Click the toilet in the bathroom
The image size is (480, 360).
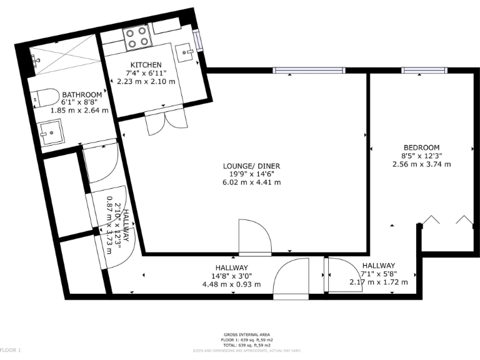[x=45, y=96]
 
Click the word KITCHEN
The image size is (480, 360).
[x=146, y=65]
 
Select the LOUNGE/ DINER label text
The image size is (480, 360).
[x=251, y=166]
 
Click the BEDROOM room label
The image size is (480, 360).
[x=421, y=147]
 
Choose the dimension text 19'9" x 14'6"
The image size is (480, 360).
[x=251, y=174]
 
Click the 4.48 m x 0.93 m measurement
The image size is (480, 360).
[x=232, y=284]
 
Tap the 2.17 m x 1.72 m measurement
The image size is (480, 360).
[x=378, y=282]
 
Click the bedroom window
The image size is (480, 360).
[x=420, y=70]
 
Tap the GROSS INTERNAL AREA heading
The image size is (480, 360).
[x=247, y=334]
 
